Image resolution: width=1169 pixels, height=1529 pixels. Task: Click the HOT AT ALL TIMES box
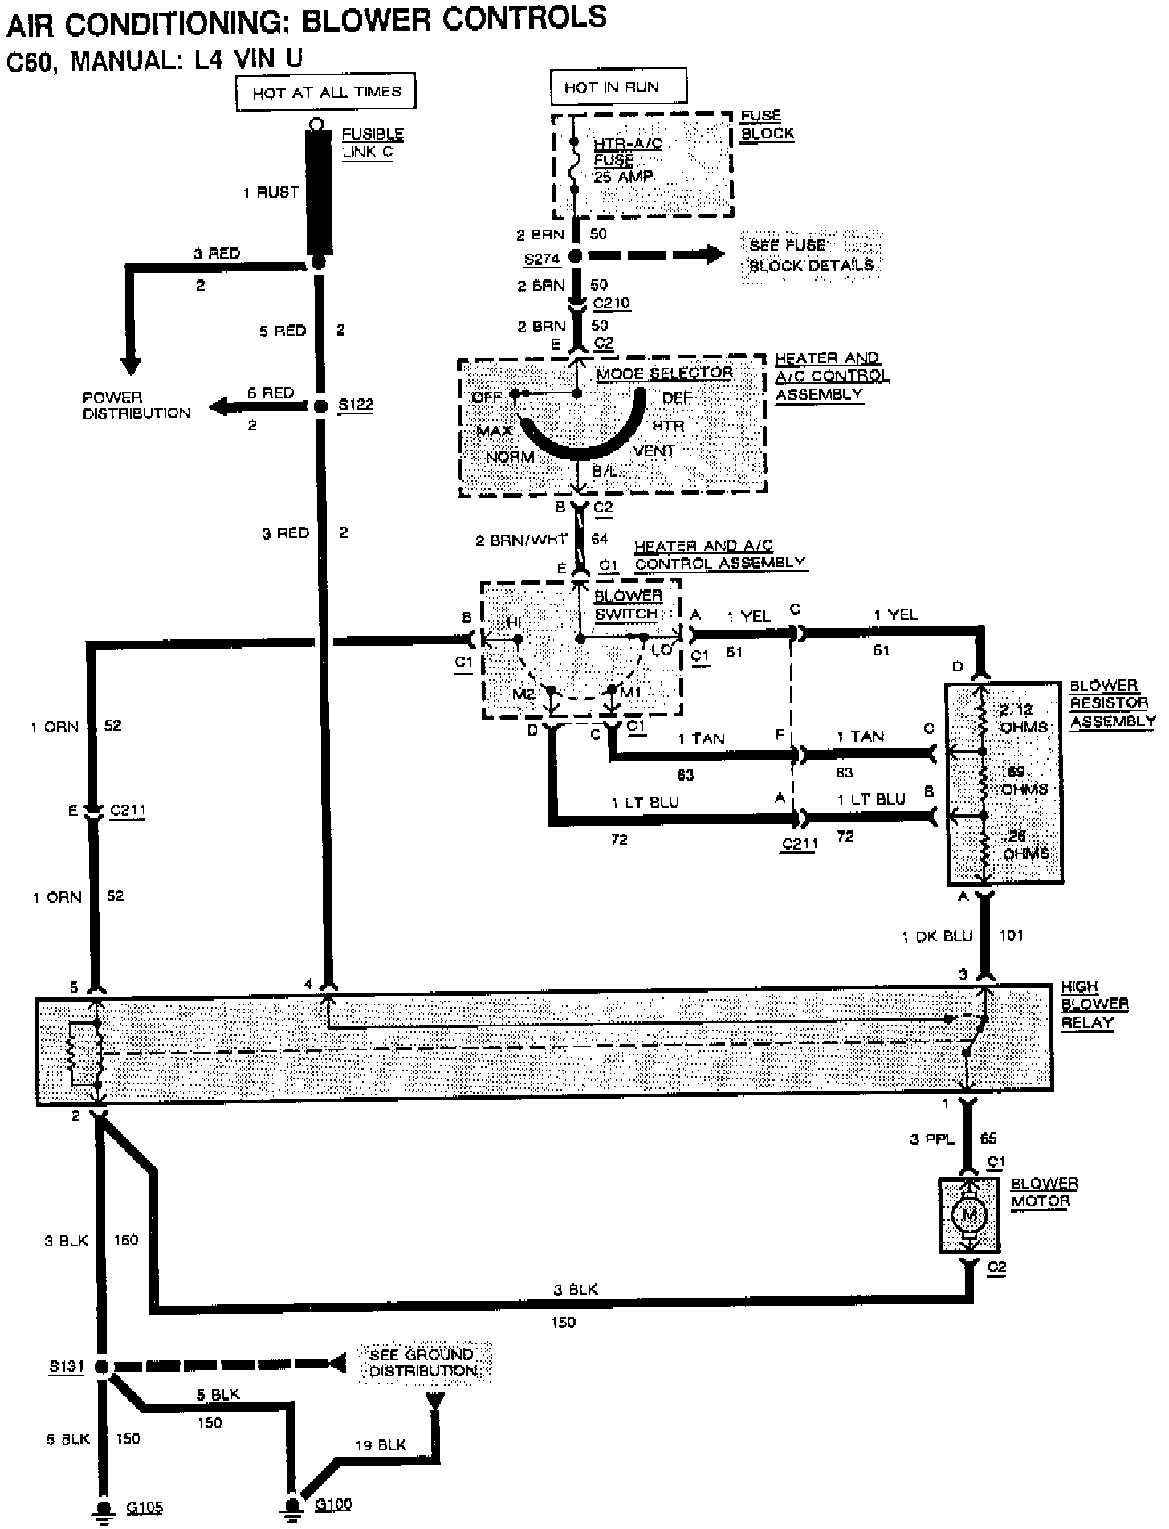[x=326, y=92]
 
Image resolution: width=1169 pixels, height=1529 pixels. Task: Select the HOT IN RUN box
[x=618, y=87]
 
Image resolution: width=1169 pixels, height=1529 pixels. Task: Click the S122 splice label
[x=356, y=405]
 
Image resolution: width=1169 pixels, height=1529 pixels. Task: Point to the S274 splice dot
[x=576, y=256]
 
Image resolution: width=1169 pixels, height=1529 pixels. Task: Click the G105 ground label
[x=145, y=1507]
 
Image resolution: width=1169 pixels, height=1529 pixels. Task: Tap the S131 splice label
[x=66, y=1366]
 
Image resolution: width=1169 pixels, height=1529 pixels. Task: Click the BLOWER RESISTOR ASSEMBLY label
[x=1111, y=703]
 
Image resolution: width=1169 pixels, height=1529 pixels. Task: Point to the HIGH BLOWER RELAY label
[x=1094, y=1004]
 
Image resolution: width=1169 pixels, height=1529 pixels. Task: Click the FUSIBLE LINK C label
[x=372, y=143]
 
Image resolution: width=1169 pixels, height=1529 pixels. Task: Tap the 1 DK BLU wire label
[x=937, y=936]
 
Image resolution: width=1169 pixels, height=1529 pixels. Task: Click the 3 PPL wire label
[x=931, y=1139]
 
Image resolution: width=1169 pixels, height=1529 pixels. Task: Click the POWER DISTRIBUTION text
[x=136, y=406]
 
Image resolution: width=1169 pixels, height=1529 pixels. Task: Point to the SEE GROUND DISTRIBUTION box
[x=423, y=1363]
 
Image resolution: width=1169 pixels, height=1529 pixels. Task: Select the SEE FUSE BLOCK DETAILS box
[x=811, y=255]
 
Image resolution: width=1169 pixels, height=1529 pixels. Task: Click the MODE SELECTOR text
[x=664, y=373]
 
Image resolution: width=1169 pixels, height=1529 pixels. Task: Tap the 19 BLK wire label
[x=381, y=1445]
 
